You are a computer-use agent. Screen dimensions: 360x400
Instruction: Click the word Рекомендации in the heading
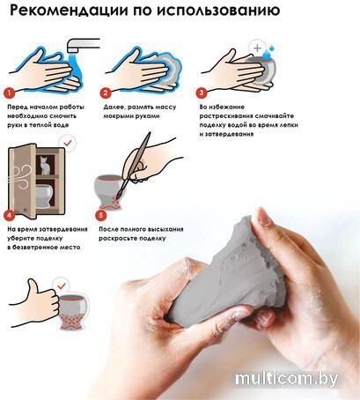69,10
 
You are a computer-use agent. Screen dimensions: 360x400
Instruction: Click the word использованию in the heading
217,11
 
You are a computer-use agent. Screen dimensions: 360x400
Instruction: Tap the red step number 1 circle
9,93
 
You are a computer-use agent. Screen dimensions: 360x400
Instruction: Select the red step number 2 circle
106,93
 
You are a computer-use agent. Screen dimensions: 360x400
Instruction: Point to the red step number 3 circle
202,93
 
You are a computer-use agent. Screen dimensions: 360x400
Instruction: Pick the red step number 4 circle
9,215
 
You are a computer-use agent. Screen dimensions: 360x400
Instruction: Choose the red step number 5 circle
101,215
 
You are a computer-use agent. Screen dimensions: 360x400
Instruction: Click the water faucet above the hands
83,45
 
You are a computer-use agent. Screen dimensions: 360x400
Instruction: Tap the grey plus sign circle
257,48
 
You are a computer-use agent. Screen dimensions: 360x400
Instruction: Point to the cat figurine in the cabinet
45,166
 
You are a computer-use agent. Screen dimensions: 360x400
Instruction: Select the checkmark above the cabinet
68,144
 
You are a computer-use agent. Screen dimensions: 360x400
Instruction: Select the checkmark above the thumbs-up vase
62,285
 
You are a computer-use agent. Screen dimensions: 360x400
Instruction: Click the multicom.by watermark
286,379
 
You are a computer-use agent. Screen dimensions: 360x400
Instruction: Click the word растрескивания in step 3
225,116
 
